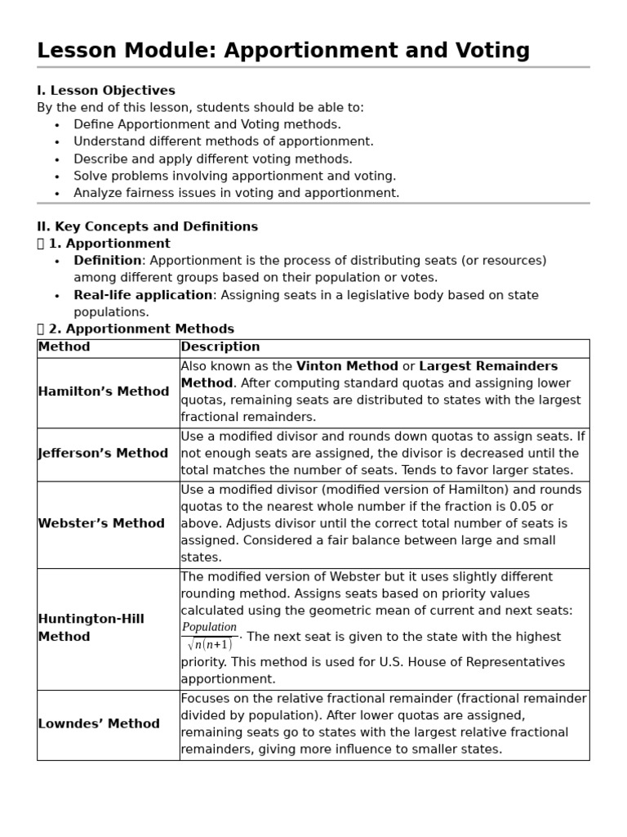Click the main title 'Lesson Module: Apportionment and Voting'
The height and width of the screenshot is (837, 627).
point(283,51)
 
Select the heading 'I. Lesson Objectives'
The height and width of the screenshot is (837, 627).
point(106,90)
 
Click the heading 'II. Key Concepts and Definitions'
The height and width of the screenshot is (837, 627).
point(147,226)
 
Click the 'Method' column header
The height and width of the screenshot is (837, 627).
point(64,347)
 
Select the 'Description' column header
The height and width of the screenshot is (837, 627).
point(220,347)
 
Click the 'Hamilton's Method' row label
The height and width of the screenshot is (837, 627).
point(104,392)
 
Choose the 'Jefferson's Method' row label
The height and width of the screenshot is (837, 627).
point(104,454)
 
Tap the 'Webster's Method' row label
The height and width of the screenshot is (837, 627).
point(101,523)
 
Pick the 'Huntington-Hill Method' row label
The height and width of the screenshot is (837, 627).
point(91,628)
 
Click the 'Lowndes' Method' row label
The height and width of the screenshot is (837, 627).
point(99,724)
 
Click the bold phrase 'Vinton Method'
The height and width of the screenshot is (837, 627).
point(347,366)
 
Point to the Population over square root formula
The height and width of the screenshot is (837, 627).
point(209,636)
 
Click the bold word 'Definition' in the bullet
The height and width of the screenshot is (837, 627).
point(108,261)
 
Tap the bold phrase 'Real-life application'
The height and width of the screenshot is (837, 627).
point(143,295)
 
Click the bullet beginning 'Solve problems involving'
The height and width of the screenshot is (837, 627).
point(234,176)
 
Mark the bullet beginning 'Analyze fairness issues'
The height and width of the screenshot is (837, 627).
point(236,193)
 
